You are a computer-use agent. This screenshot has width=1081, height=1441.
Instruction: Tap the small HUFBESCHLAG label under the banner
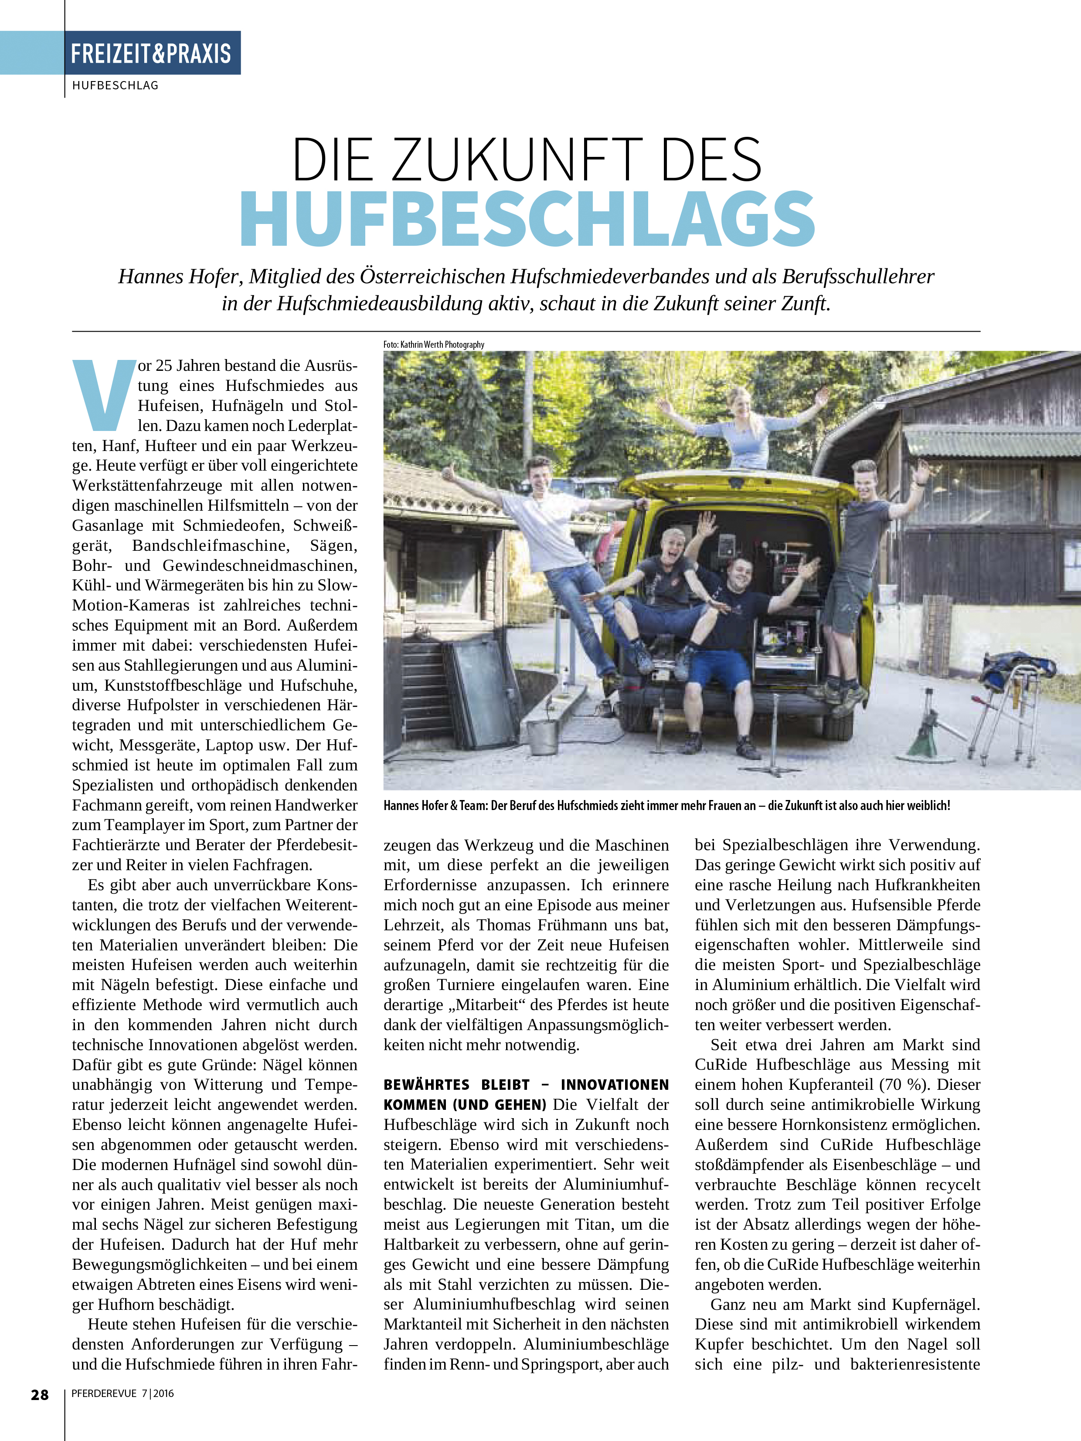click(116, 85)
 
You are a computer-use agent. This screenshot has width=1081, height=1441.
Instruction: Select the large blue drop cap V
click(102, 395)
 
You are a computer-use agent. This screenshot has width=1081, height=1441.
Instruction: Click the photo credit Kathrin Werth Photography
click(442, 345)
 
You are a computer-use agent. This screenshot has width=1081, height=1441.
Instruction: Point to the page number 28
click(40, 1395)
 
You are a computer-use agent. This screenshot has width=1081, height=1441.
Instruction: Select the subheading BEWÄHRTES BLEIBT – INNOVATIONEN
click(526, 1085)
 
